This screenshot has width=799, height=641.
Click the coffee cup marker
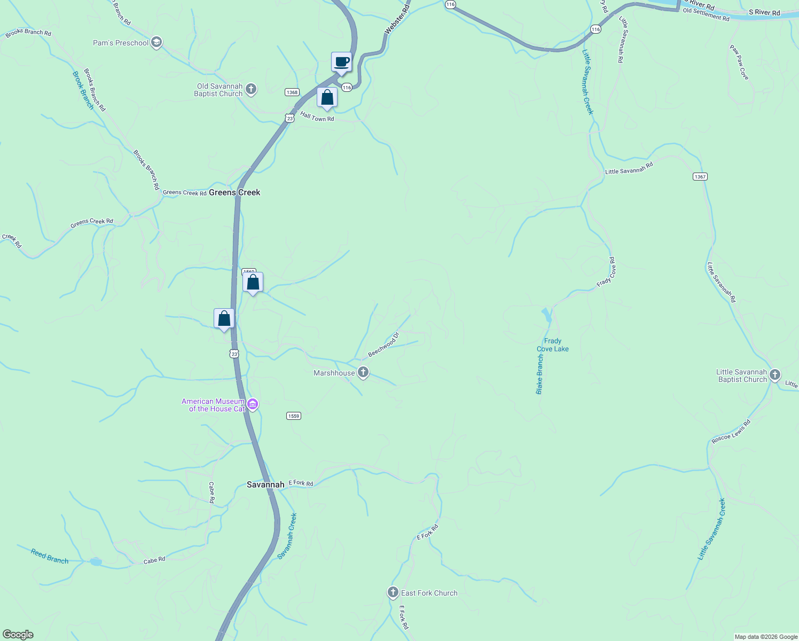[341, 62]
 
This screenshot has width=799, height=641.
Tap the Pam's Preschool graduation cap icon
[156, 43]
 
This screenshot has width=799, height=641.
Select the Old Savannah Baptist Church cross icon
[252, 89]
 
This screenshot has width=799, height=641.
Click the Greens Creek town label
[234, 192]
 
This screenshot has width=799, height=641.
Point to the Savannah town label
[265, 484]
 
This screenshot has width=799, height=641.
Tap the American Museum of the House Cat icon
[253, 404]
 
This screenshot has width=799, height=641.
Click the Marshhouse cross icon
[363, 372]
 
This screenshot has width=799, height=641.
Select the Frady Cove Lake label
[553, 345]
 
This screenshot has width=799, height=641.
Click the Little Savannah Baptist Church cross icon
[775, 375]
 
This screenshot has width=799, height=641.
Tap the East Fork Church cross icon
[393, 592]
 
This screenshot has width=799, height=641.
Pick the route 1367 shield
[700, 177]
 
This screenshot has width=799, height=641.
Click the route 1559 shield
[293, 416]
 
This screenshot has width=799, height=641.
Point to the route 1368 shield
[292, 92]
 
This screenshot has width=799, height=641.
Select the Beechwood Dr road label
[383, 345]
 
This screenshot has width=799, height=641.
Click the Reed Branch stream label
[50, 557]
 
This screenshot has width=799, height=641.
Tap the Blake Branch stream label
[540, 374]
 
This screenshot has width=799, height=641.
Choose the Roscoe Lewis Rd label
[731, 432]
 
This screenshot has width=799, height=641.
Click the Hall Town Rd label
[317, 117]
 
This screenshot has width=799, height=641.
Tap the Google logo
[18, 635]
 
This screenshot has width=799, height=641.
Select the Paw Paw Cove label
[739, 62]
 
